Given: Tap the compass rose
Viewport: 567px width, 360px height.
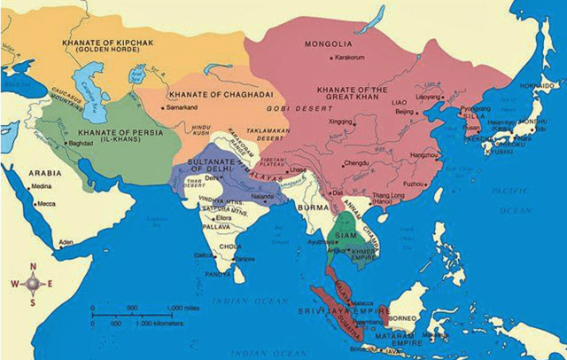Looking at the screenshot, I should click(x=33, y=283).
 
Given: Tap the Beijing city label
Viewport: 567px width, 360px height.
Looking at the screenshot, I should click(x=405, y=113).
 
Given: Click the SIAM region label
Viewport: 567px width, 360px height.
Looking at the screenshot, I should click(x=347, y=234).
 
